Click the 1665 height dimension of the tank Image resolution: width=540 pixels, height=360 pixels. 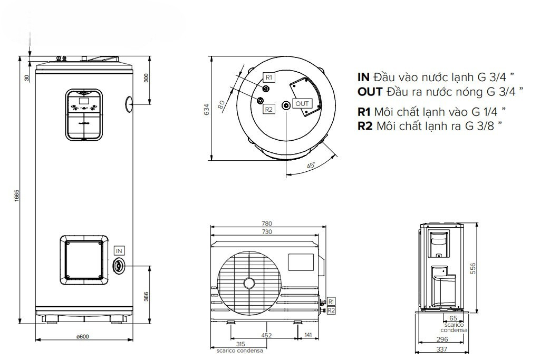point(17,196)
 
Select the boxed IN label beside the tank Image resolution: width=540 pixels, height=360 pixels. point(120,251)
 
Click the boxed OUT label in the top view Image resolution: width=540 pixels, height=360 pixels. point(302,103)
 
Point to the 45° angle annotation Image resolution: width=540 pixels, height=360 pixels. point(311,166)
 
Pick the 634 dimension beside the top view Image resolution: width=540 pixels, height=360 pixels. point(207,109)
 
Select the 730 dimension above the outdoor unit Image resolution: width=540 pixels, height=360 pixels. point(267,232)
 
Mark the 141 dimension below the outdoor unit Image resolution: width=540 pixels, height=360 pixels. point(308,334)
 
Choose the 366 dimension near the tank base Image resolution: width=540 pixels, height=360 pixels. point(147,297)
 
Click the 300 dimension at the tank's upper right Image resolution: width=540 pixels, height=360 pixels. point(147,77)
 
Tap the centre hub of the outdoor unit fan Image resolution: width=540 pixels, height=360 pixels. point(248,284)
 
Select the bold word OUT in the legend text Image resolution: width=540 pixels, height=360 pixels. point(371,92)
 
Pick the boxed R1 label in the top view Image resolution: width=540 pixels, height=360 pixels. point(268,77)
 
